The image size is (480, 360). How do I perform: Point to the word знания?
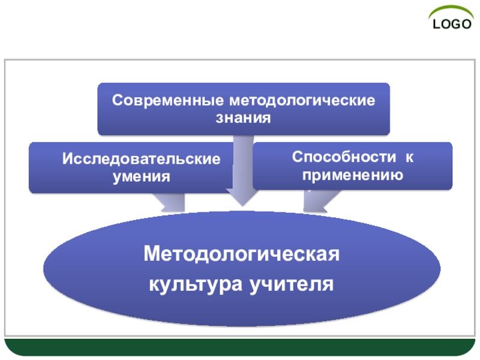(x=244, y=118)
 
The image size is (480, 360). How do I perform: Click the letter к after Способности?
(x=409, y=157)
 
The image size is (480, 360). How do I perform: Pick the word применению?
(x=352, y=175)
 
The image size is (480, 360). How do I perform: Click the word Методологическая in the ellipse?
(x=242, y=254)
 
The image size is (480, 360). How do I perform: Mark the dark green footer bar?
(x=240, y=347)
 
